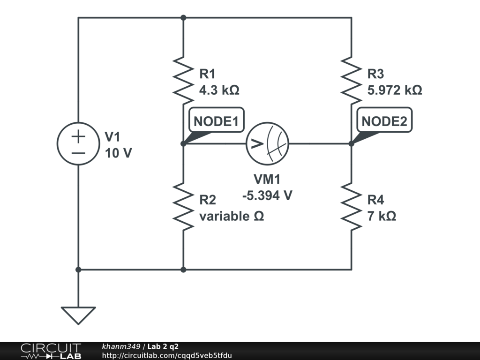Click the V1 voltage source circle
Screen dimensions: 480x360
pos(78,143)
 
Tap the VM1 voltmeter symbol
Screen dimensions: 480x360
pos(268,143)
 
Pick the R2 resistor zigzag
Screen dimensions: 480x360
pos(183,206)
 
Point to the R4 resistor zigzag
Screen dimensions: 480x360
pos(352,206)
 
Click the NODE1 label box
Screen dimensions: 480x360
pos(217,120)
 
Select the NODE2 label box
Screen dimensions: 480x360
pos(384,120)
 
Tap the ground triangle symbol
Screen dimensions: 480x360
pos(78,315)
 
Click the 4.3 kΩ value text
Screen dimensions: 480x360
pos(219,90)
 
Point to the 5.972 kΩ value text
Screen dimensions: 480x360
pos(395,90)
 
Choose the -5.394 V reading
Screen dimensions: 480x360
pos(267,195)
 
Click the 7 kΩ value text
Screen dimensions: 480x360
pos(382,216)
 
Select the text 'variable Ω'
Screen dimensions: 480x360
pos(232,216)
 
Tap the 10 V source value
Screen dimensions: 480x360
pos(119,153)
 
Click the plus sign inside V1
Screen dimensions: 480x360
pos(78,136)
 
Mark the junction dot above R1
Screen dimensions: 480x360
pos(183,18)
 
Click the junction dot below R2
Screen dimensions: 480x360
pos(183,270)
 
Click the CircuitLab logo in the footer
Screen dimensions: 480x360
pos(51,351)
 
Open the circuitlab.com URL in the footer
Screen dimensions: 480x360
pos(167,355)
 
